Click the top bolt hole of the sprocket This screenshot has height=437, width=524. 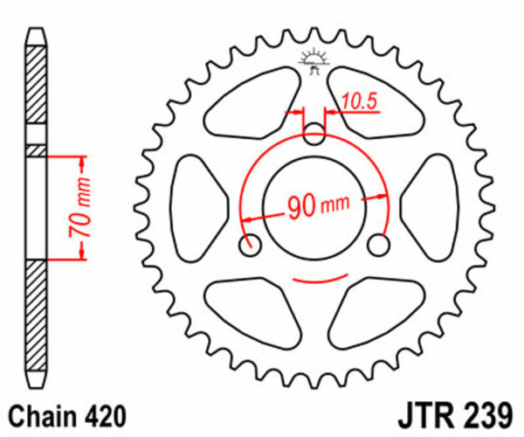click(x=314, y=134)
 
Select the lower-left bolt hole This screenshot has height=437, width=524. click(x=252, y=245)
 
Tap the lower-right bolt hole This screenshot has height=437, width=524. click(x=378, y=246)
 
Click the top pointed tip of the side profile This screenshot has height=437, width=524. click(x=35, y=32)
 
